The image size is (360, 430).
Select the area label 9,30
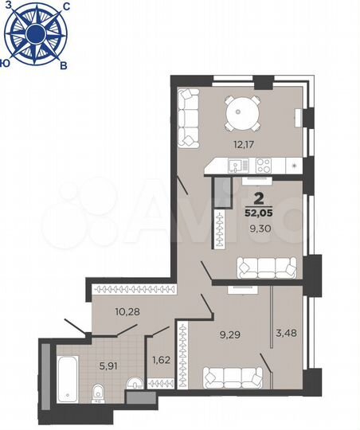pos(260,229)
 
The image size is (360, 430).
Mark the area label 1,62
pos(159,359)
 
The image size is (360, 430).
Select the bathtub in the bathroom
pos(65,381)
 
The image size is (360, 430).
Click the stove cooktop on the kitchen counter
pos(263,165)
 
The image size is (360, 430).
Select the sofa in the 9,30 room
pos(266,266)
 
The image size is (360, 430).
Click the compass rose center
pos(35,33)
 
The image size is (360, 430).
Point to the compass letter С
pos(65,6)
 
